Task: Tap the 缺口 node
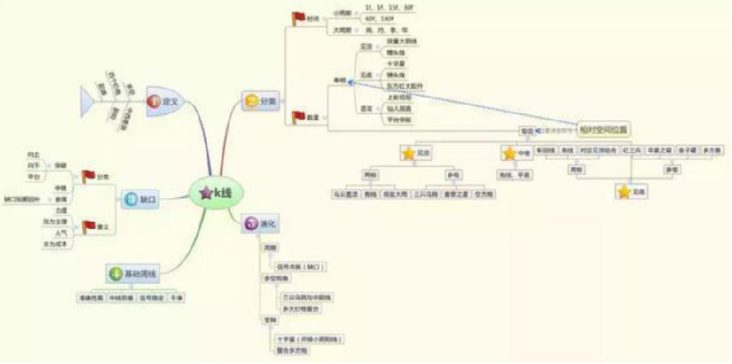(136, 198)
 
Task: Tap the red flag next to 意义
(88, 225)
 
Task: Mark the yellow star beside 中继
(510, 153)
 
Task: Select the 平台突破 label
(399, 119)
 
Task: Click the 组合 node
(526, 131)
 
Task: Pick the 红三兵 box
(631, 150)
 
